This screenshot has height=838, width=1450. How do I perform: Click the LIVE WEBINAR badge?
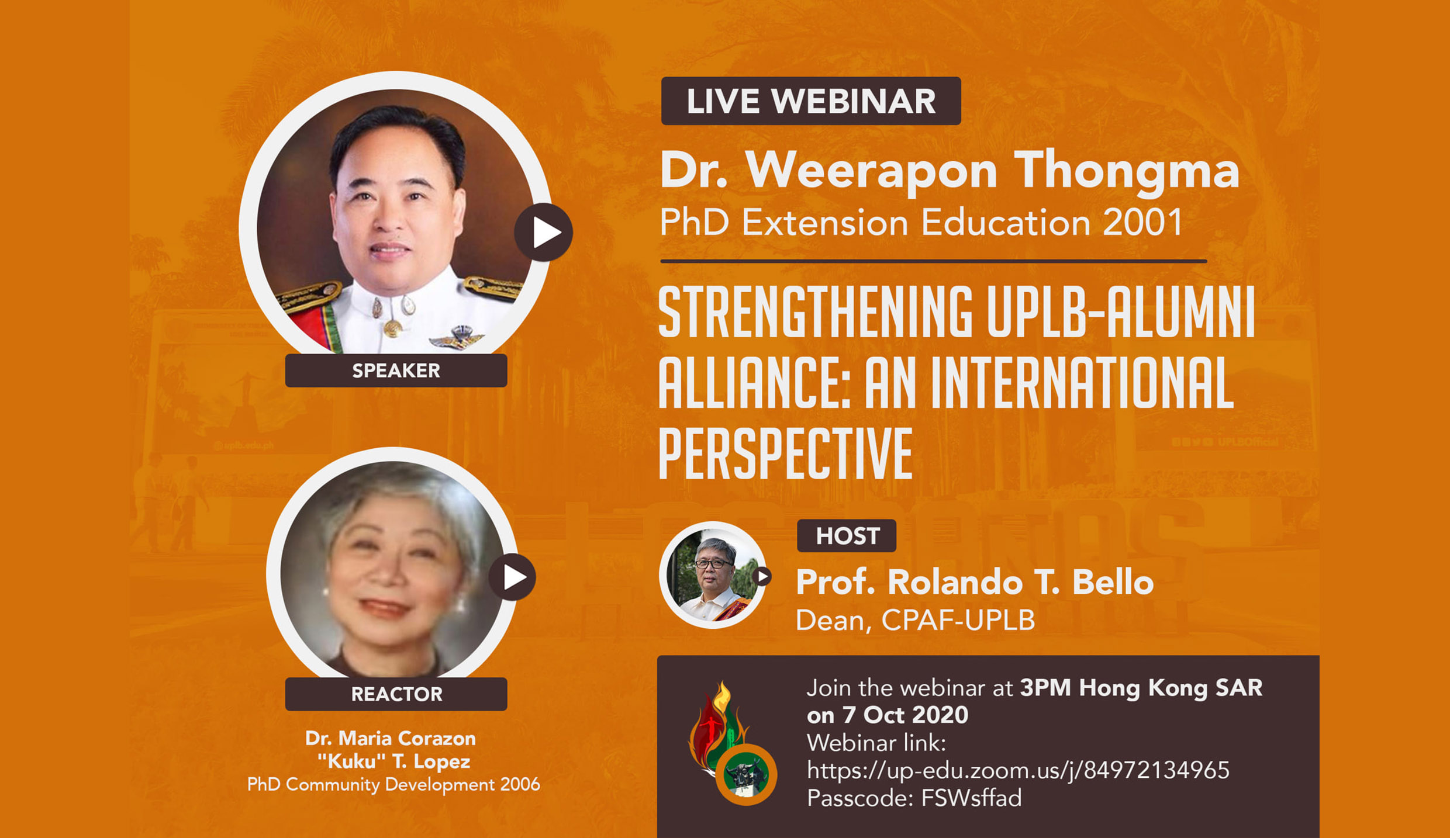(x=811, y=101)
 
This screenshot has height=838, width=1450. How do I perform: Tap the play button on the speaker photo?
(x=543, y=233)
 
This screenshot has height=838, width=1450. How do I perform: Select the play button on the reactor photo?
(x=512, y=577)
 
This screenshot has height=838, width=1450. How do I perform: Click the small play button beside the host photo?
(x=762, y=577)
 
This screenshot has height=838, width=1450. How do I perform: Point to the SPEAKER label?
(x=396, y=370)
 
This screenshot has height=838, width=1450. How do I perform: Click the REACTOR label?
(x=396, y=694)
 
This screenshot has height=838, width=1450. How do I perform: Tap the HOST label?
(x=847, y=536)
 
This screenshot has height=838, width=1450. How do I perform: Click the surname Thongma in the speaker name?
(x=1126, y=171)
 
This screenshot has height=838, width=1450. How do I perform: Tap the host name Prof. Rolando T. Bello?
(x=975, y=583)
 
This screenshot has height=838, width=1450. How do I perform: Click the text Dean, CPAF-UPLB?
(x=916, y=621)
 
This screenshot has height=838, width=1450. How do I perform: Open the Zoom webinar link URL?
(x=1018, y=770)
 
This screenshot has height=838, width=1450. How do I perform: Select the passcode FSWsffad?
(x=971, y=798)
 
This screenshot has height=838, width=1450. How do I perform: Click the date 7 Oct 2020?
(x=905, y=715)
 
